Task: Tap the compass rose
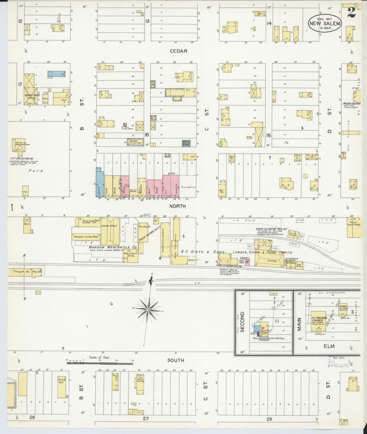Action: point(148,310)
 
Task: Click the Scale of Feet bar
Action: point(100,363)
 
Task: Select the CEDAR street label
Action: point(179,51)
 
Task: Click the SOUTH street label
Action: point(175,360)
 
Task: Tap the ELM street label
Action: point(329,346)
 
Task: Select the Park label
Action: point(36,171)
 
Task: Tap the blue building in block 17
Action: point(56,74)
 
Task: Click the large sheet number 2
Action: point(352,12)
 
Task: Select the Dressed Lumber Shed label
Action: point(86,237)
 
